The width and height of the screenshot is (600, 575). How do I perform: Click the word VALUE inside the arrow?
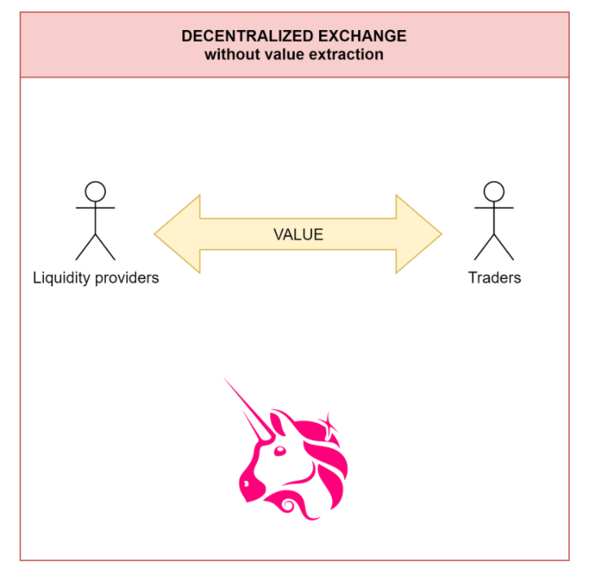tap(298, 235)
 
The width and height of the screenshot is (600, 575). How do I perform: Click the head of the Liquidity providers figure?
tap(95, 192)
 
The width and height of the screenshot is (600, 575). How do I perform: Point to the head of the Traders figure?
tap(494, 192)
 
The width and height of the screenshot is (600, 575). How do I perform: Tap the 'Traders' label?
tap(494, 278)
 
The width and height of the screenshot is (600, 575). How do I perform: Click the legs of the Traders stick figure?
tap(494, 246)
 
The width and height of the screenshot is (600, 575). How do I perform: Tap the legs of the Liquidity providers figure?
tap(95, 246)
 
